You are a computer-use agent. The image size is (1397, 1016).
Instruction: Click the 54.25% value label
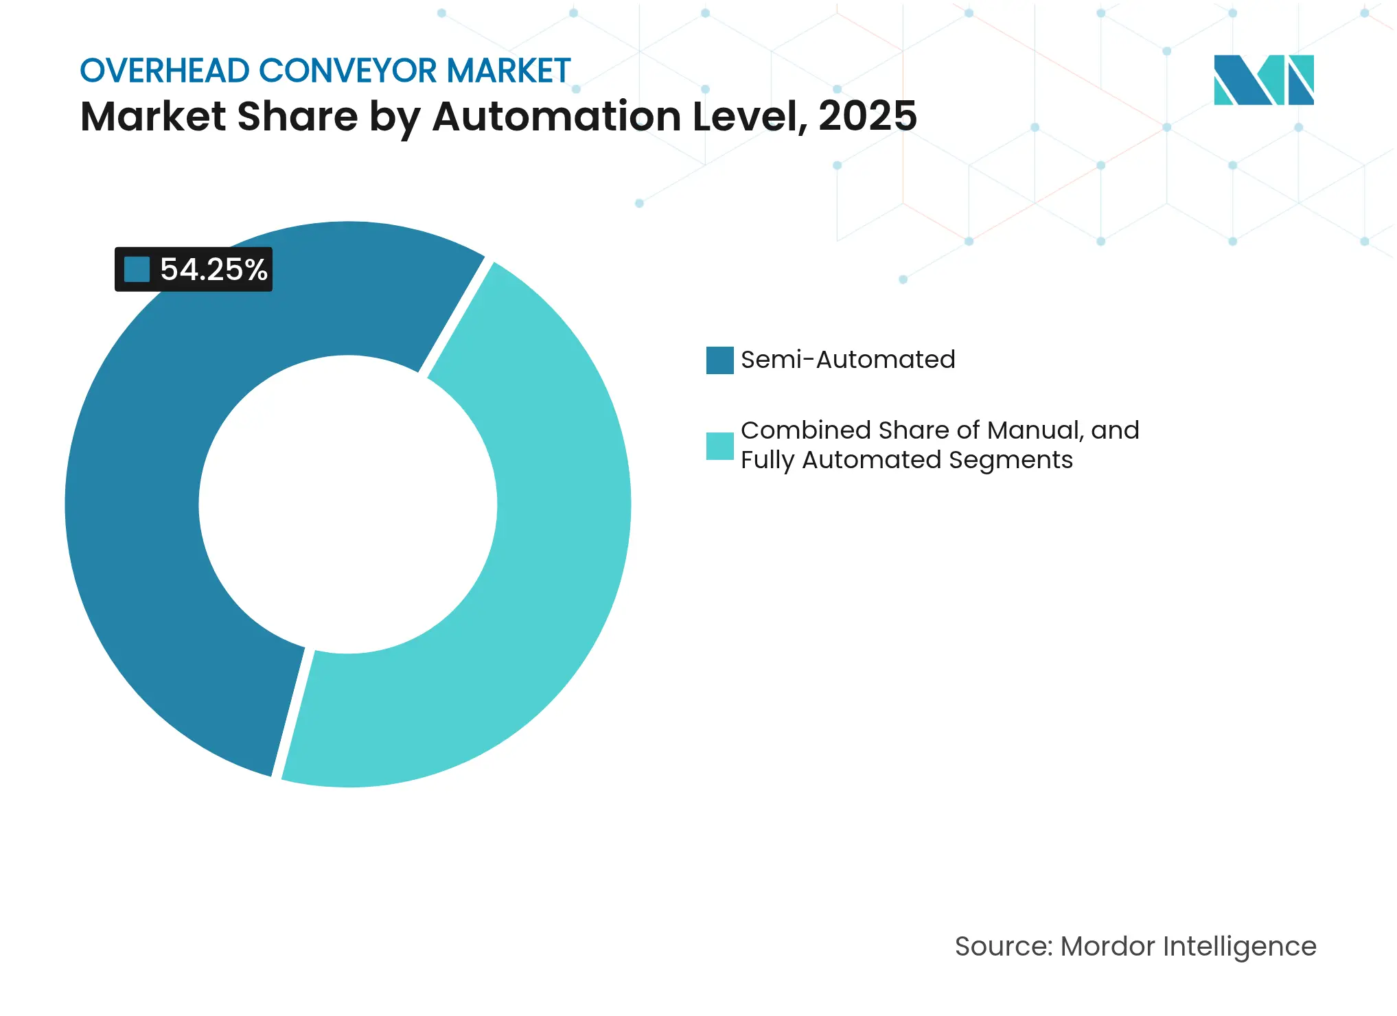(213, 269)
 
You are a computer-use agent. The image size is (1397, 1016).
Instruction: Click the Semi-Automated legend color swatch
(719, 360)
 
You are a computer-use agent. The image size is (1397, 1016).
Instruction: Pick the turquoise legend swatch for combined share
(719, 446)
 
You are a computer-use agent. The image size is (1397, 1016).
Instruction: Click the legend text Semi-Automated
(848, 360)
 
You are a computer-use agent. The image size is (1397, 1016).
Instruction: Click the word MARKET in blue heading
(509, 71)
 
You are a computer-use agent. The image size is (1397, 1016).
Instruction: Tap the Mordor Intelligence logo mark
(1263, 80)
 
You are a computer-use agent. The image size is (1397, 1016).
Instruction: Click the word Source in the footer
(1002, 947)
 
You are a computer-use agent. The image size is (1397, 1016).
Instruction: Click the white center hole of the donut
(348, 505)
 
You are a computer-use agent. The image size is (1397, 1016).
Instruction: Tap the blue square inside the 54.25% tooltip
(137, 269)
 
